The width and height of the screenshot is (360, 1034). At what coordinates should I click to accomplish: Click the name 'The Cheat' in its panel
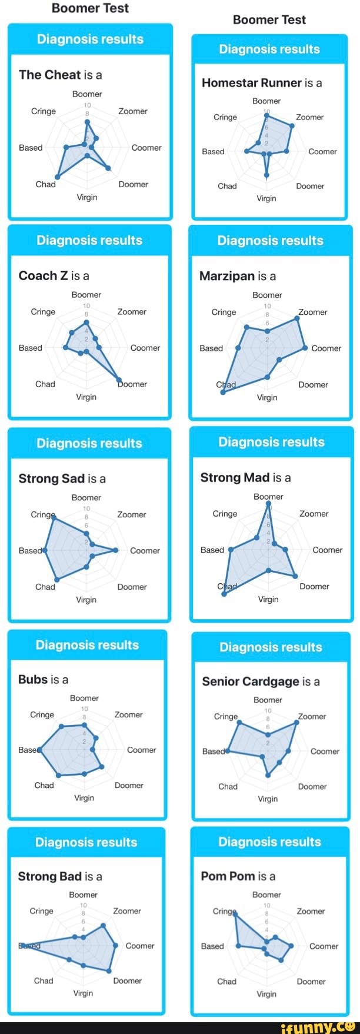pos(49,75)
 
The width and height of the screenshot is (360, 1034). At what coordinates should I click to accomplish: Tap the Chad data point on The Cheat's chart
pos(58,177)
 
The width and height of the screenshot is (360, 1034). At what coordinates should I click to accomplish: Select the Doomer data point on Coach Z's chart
pos(119,380)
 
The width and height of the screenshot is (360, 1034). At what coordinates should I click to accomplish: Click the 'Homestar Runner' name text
pos(252,83)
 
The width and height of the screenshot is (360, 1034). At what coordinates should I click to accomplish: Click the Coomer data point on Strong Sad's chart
pos(116,550)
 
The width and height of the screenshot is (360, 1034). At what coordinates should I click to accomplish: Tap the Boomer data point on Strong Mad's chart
pos(269,503)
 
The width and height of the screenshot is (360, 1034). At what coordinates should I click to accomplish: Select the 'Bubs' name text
pos(33,679)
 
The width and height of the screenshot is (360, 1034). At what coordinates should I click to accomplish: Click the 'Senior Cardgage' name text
pos(251,681)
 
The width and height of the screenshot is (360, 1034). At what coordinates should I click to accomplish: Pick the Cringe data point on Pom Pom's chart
pos(235,913)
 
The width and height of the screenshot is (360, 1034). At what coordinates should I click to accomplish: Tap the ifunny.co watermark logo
pos(318,1028)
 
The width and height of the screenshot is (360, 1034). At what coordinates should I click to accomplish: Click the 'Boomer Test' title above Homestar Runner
pos(269,20)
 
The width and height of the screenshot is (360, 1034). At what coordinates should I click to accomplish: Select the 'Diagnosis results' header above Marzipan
pos(270,240)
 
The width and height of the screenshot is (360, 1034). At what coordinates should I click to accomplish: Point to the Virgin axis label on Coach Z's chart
pos(86,397)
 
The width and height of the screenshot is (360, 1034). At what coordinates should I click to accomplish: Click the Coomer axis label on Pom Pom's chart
pos(324,946)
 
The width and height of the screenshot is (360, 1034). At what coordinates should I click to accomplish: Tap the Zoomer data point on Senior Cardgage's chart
pos(296,722)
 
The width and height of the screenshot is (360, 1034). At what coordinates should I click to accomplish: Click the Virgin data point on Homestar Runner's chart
pos(266,175)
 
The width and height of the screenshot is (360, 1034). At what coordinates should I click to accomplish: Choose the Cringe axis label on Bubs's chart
pos(42,714)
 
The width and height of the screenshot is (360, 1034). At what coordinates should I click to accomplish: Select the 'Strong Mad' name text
pos(235,477)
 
